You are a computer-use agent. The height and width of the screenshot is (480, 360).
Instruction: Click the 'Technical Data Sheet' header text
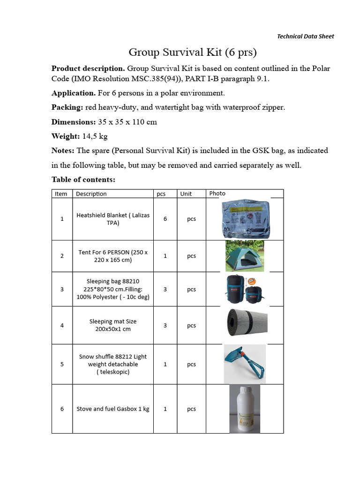click(305, 36)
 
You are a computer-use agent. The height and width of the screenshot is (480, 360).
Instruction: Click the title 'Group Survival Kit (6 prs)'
click(193, 52)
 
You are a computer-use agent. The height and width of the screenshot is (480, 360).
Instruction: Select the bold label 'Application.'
click(73, 93)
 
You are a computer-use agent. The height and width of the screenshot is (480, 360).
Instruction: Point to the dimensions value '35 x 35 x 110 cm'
click(127, 122)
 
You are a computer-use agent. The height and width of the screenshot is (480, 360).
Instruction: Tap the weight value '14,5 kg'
click(95, 136)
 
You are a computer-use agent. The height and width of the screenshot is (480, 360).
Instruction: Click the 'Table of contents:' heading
click(83, 180)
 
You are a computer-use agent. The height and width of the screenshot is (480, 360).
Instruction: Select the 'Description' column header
click(91, 194)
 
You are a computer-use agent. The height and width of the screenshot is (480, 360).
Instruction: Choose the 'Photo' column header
click(217, 193)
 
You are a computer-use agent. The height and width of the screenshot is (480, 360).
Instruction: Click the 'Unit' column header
click(186, 194)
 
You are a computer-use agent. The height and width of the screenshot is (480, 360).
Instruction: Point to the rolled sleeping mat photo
click(247, 323)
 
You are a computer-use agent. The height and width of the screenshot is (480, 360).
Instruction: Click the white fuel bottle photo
click(244, 408)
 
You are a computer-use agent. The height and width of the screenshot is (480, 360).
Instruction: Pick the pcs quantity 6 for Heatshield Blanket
click(165, 219)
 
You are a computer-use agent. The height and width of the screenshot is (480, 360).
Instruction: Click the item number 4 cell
click(62, 325)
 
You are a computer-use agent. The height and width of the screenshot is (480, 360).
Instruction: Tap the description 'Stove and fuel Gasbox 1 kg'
click(113, 409)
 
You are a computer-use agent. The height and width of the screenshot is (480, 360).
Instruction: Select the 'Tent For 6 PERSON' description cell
click(113, 256)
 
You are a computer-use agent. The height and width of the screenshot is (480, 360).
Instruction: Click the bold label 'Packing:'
click(67, 107)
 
